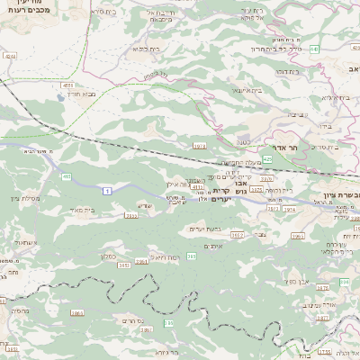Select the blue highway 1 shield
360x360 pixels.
pyautogui.click(x=106, y=190)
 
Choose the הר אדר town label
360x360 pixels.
pyautogui.click(x=271, y=147)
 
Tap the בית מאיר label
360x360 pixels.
pyautogui.click(x=106, y=209)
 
